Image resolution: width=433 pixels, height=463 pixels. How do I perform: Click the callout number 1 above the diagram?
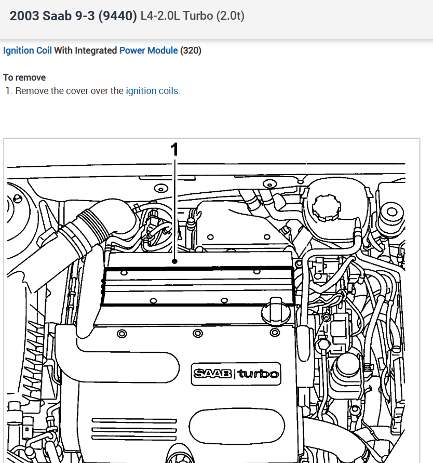pyautogui.click(x=175, y=149)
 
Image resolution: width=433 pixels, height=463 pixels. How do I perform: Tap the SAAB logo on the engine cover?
pyautogui.click(x=213, y=373)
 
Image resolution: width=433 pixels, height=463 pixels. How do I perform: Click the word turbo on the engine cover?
pyautogui.click(x=259, y=373)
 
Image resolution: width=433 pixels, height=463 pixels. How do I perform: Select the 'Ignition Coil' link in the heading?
pyautogui.click(x=27, y=50)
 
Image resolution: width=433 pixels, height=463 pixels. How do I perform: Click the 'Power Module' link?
pyautogui.click(x=148, y=50)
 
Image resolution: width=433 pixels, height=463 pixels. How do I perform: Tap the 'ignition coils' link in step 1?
pyautogui.click(x=152, y=91)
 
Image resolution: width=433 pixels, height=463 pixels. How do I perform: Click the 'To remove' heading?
pyautogui.click(x=24, y=77)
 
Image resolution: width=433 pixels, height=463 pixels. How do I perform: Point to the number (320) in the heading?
pyautogui.click(x=191, y=50)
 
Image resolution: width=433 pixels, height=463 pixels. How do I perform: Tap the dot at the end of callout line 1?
pyautogui.click(x=175, y=261)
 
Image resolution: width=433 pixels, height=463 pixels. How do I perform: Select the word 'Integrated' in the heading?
pyautogui.click(x=96, y=50)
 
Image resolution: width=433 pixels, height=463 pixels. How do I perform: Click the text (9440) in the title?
pyautogui.click(x=119, y=16)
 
